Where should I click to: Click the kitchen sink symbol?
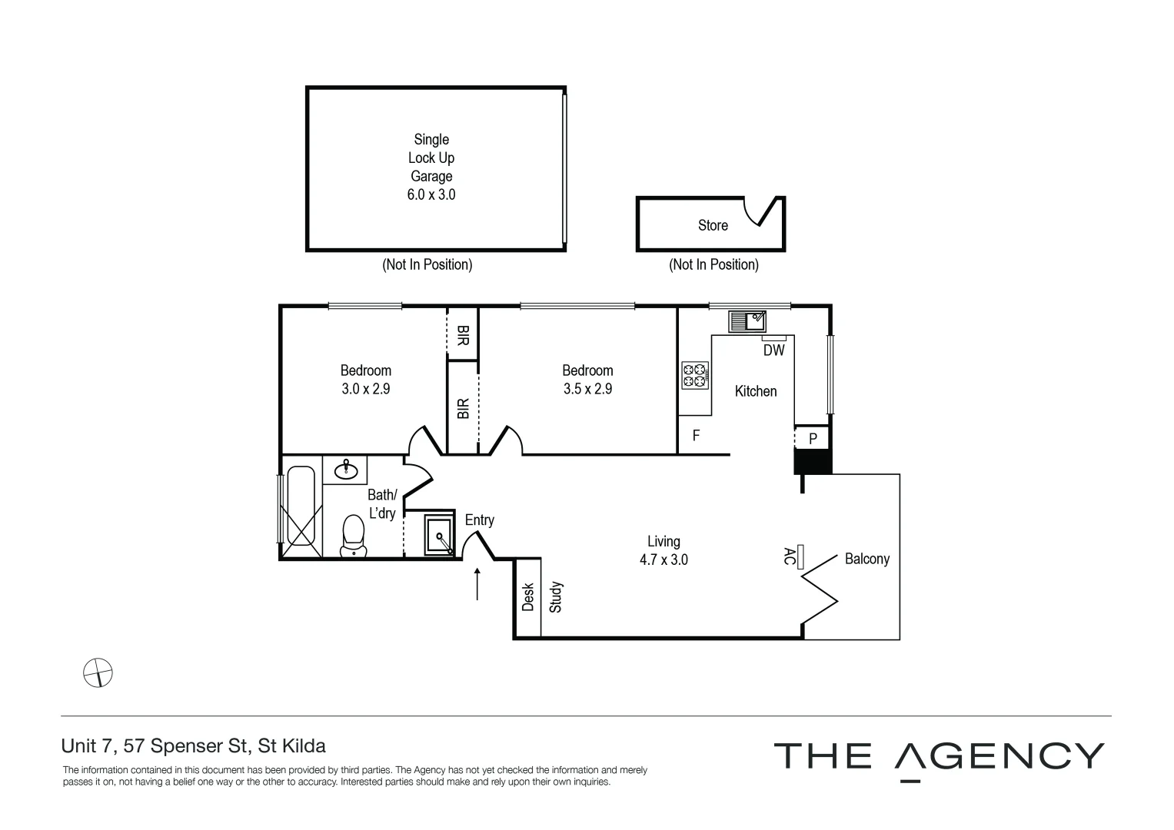point(747,320)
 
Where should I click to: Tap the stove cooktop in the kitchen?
point(693,375)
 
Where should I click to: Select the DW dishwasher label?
point(773,350)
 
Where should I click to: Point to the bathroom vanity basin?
point(344,468)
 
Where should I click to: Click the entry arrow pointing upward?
point(477,583)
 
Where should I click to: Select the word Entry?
point(479,520)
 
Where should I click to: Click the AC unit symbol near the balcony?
point(800,556)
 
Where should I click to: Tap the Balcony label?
point(866,559)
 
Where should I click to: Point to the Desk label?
point(527,597)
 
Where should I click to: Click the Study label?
point(556,597)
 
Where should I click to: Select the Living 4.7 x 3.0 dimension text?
point(663,559)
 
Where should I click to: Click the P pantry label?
point(813,439)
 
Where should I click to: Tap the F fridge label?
point(696,436)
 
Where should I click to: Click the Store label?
point(712,225)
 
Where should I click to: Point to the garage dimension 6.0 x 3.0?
point(431,194)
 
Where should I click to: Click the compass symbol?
point(98,672)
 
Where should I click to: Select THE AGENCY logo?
point(938,757)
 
